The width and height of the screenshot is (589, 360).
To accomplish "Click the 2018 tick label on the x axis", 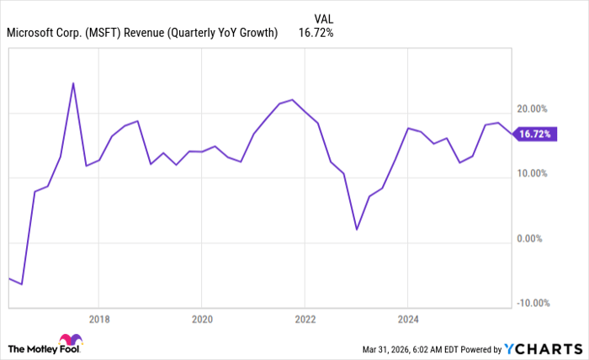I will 98,319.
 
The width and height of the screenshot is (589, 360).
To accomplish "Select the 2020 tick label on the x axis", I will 201,319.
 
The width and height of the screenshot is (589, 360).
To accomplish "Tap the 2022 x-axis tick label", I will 304,319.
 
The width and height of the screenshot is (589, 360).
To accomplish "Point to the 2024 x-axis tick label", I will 407,319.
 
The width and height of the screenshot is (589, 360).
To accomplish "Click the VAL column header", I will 322,18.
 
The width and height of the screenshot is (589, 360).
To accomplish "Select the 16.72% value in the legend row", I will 316,34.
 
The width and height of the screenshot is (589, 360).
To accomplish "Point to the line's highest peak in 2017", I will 73,83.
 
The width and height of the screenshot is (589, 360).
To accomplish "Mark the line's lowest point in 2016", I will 22,284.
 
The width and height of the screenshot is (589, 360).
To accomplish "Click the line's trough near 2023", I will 357,230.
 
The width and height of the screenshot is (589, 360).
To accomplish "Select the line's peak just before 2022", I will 291,99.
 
